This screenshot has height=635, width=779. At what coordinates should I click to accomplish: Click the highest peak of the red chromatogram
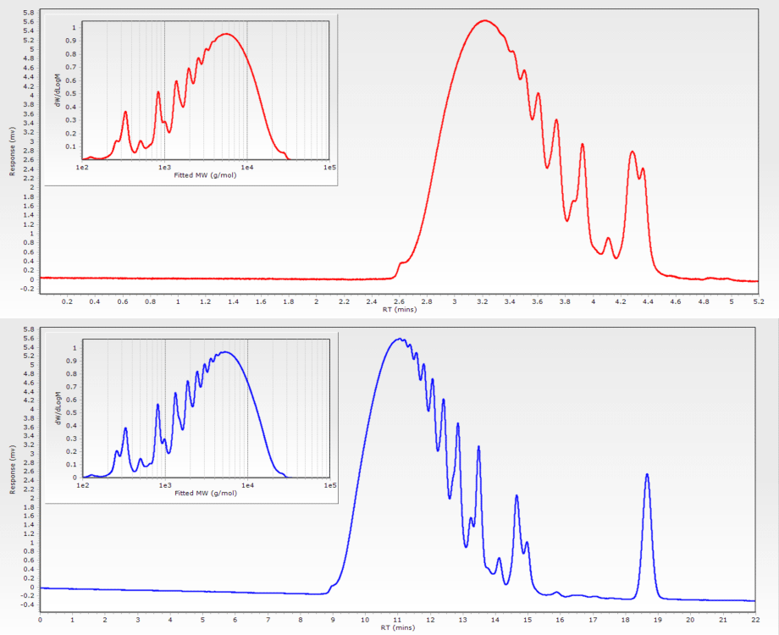483,21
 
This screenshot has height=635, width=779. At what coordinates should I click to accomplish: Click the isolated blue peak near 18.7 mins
647,475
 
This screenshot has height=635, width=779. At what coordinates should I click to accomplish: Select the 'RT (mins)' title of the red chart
399,309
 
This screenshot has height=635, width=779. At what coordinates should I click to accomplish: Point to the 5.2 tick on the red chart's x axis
758,301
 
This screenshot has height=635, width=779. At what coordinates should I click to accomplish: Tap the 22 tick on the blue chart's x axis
755,619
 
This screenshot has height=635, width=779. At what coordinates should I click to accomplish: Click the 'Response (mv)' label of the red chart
12,150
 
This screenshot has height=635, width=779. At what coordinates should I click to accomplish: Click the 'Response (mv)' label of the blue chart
12,467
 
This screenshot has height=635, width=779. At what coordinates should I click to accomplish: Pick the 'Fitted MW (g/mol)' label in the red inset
205,175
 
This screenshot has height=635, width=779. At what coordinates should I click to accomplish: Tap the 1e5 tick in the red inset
329,167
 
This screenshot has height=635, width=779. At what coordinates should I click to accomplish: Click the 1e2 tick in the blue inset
83,485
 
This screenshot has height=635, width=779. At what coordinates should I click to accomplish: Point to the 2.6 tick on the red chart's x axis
400,301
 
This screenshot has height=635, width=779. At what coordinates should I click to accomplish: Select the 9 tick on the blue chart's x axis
333,619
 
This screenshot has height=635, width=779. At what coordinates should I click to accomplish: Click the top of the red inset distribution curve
225,34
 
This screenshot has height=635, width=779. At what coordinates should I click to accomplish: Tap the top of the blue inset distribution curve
225,352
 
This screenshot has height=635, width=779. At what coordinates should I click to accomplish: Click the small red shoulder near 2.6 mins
402,263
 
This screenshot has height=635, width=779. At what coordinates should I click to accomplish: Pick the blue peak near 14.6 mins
517,496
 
